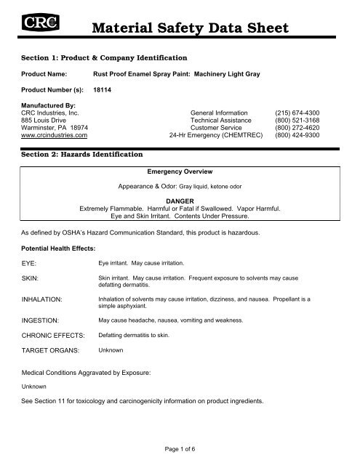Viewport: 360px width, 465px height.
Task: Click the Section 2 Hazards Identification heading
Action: pyautogui.click(x=92, y=155)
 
